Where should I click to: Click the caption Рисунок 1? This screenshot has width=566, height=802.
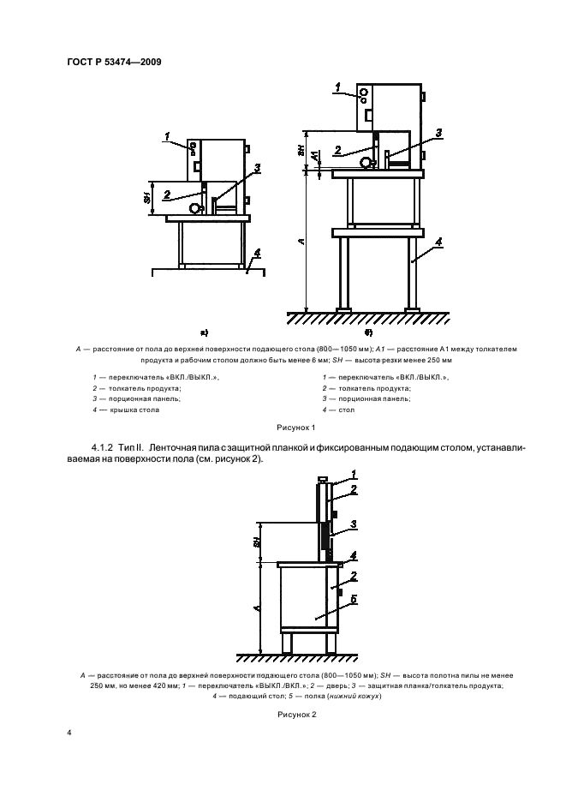coord(296,426)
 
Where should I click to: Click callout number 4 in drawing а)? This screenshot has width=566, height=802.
coord(255,255)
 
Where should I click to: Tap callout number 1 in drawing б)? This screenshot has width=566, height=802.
coord(339,87)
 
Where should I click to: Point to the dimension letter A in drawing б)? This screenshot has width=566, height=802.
coord(302,242)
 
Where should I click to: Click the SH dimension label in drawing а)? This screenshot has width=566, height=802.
coord(146,199)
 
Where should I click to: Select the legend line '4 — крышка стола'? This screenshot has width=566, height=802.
coord(126,410)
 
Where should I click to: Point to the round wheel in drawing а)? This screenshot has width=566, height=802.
coord(196,207)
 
